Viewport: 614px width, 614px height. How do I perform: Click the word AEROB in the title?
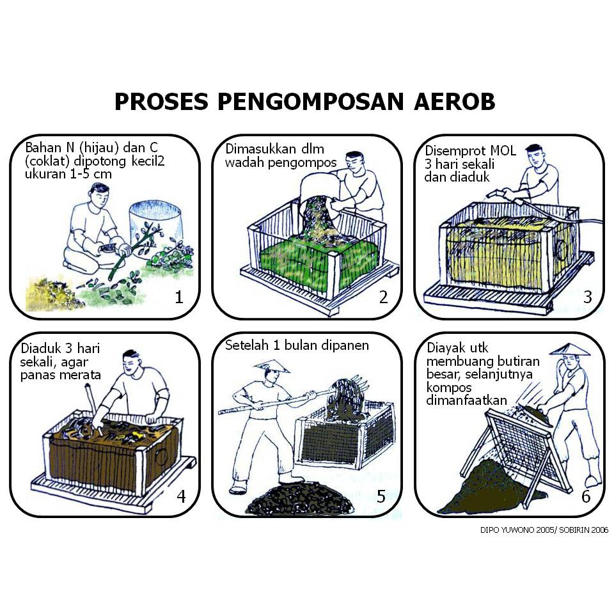coord(454,102)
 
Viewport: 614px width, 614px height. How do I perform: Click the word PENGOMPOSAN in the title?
coord(310,102)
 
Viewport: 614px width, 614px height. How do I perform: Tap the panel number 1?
coord(179,297)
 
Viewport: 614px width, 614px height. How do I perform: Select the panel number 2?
coord(383,297)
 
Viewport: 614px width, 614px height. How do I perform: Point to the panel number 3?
coord(587,297)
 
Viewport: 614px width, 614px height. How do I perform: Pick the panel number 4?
coord(181,496)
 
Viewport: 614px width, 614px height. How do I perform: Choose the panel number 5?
coord(381,496)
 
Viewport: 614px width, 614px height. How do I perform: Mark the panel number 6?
coord(586,496)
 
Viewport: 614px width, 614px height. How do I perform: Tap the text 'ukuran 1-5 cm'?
coord(68,174)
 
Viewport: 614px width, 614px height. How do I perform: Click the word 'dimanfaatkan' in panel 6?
coord(466,400)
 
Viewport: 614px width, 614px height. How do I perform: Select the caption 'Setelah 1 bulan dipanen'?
coord(297,345)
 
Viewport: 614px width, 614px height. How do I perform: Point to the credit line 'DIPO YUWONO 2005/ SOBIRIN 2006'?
coord(544,530)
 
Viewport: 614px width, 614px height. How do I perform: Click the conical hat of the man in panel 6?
coord(570,350)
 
